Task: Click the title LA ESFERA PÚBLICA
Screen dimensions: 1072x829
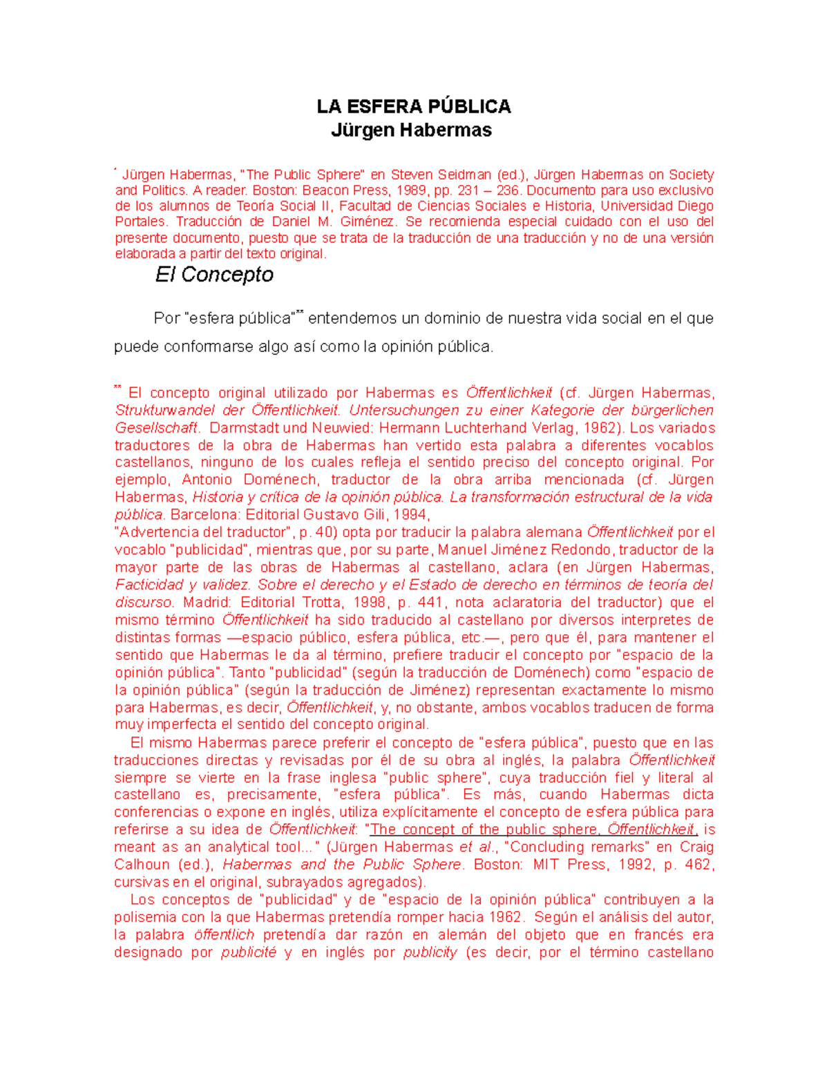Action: (413, 106)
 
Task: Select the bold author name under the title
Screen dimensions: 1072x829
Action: (411, 130)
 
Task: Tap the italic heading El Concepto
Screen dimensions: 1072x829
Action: (214, 275)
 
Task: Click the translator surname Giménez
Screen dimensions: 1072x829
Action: (369, 222)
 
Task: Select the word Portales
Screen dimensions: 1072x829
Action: (140, 222)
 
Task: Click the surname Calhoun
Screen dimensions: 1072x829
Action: (142, 865)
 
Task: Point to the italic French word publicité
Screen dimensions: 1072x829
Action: (248, 953)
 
